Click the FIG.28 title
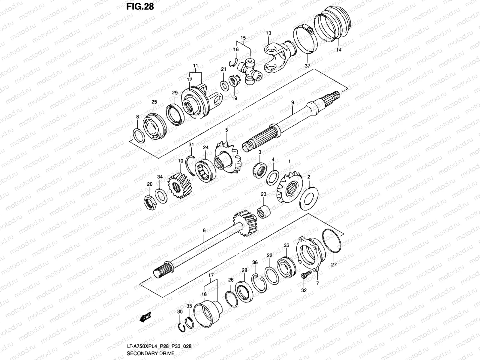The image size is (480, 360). [140, 6]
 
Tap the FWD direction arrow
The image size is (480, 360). [145, 317]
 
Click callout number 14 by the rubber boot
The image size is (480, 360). [339, 50]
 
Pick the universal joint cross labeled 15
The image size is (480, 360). [250, 71]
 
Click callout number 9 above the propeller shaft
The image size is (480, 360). [292, 102]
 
